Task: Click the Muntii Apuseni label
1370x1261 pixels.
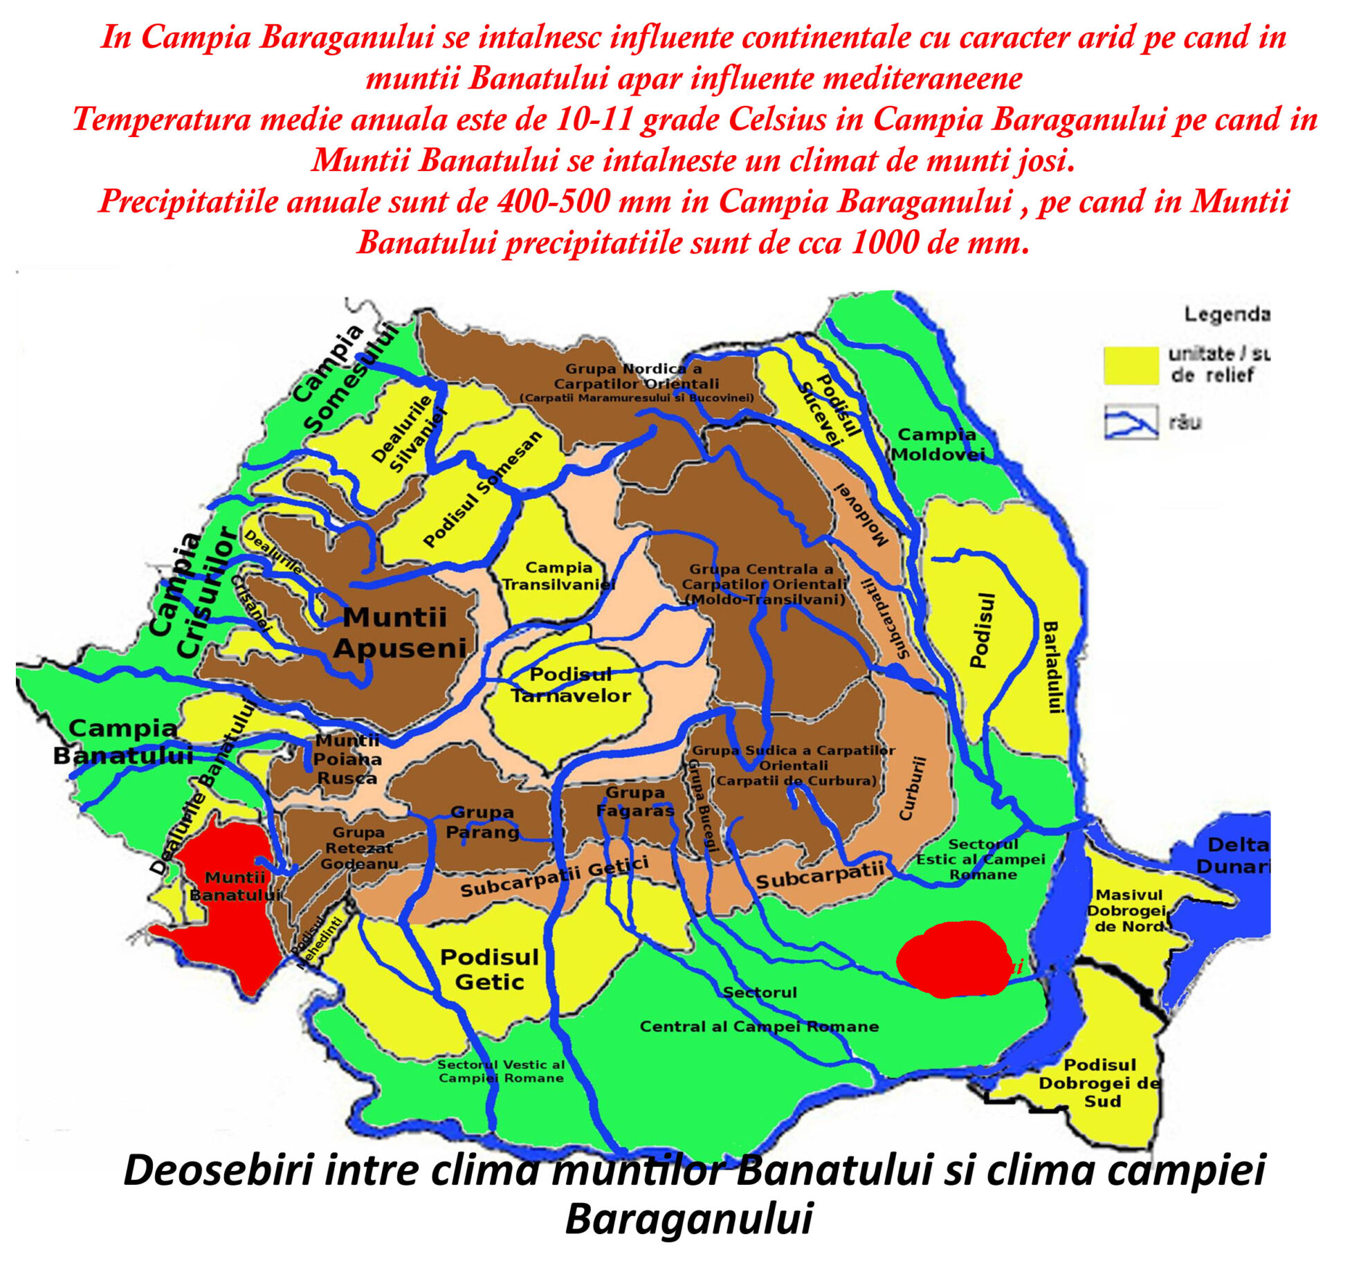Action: tap(399, 633)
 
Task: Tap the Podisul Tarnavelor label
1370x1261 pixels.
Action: tap(571, 684)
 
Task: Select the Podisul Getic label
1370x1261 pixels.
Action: tap(489, 969)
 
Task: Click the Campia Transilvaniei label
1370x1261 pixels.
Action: tap(558, 576)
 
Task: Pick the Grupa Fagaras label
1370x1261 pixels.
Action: tap(634, 801)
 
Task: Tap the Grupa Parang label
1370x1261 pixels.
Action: tap(482, 822)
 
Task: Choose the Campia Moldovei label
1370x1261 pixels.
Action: tap(938, 444)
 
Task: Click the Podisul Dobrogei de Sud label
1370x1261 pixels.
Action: tap(1100, 1082)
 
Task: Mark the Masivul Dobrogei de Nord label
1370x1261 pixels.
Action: tap(1129, 911)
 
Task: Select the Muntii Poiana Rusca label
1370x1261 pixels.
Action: tap(347, 759)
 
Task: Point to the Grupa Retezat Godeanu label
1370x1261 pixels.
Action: tap(358, 848)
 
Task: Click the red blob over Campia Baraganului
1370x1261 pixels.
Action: tap(953, 959)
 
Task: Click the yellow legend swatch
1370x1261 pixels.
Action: tap(1131, 365)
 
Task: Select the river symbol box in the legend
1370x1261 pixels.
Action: tap(1131, 421)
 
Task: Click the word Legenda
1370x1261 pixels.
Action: tap(1227, 315)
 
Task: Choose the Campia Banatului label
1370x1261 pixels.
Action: tap(122, 741)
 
